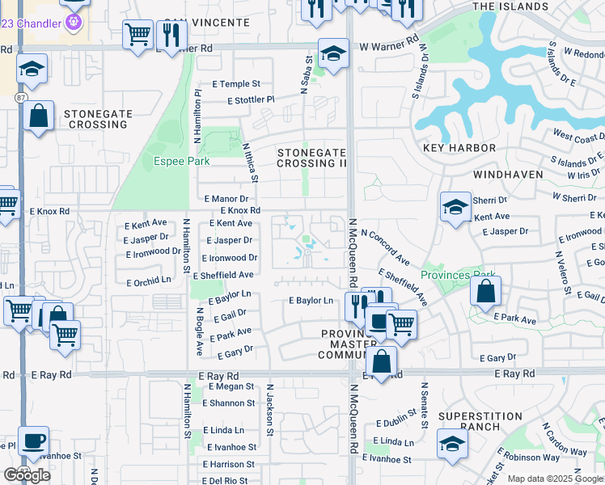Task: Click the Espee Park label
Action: [182, 161]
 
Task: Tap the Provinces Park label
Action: [457, 274]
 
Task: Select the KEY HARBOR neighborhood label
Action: [459, 148]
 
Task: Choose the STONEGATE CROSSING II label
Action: [311, 158]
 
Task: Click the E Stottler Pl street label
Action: [252, 100]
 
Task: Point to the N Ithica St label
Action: [251, 162]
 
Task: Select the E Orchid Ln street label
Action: [150, 282]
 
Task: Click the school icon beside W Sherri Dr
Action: [455, 207]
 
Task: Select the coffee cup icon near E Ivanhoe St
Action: [33, 441]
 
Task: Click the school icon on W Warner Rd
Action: [332, 53]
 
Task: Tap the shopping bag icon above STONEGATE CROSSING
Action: [38, 116]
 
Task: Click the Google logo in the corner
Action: [26, 474]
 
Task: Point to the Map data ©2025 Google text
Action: [555, 479]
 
